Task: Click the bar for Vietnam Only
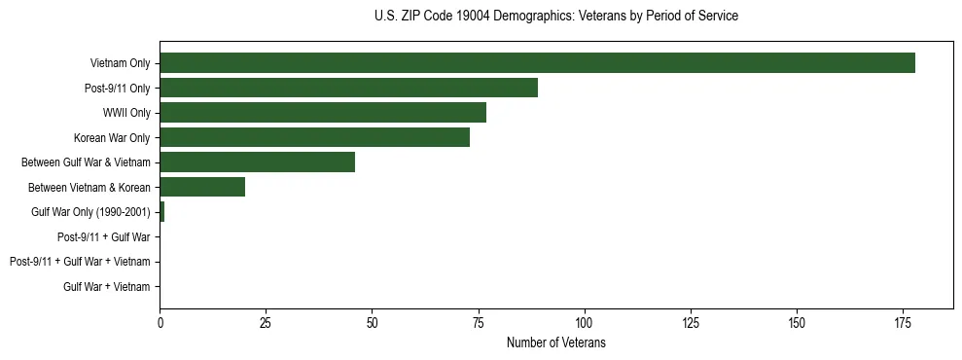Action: click(x=537, y=63)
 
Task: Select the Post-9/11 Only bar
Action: click(x=348, y=88)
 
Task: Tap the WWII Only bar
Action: click(x=323, y=113)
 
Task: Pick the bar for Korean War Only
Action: click(x=314, y=137)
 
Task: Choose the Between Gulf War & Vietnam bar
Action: click(x=257, y=162)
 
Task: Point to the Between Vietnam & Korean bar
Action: click(x=202, y=187)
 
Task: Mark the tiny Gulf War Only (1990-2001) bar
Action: click(x=162, y=212)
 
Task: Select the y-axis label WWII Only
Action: click(x=126, y=113)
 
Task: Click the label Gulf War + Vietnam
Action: click(x=106, y=287)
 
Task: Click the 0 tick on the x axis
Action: click(x=160, y=321)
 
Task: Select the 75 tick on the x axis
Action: click(x=478, y=321)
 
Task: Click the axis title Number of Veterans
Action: click(x=555, y=342)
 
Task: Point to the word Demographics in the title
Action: click(x=530, y=17)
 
